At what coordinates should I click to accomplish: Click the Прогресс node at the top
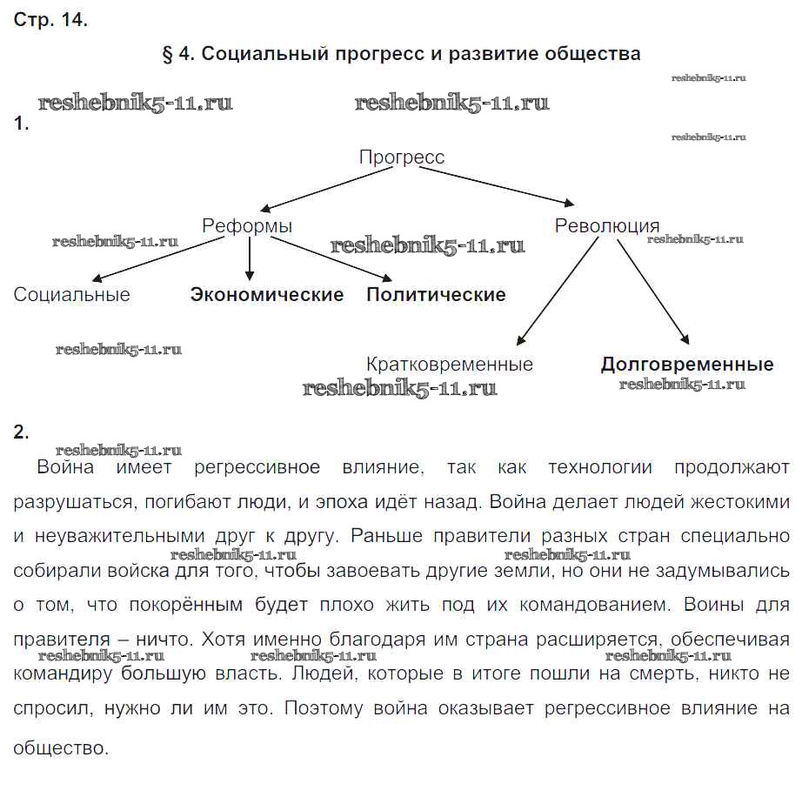tap(401, 157)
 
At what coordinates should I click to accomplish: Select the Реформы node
tap(247, 226)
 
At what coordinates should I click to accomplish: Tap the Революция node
tap(606, 226)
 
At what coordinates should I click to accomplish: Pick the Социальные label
tap(71, 295)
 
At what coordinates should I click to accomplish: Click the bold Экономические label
tap(267, 295)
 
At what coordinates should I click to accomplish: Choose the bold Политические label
tap(436, 295)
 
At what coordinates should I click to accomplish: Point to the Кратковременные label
tap(450, 365)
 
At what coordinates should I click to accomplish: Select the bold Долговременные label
tap(686, 365)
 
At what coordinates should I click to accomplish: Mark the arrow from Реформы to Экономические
tap(251, 258)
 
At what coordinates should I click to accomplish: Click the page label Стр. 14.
tap(50, 20)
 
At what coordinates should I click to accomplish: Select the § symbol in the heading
tap(169, 54)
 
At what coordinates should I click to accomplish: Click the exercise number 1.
tap(22, 124)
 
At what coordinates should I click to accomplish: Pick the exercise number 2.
tap(22, 432)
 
